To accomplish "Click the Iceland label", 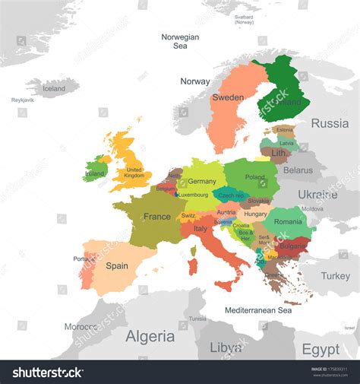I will (54, 88).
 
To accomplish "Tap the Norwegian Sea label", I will (180, 41).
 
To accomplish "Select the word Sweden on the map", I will (228, 97).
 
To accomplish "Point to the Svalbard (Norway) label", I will (244, 19).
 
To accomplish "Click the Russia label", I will (330, 123).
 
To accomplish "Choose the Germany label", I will (202, 182).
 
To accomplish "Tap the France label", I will (157, 217).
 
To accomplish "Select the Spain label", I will (117, 266).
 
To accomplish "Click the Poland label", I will (255, 177).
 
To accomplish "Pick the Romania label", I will (288, 221).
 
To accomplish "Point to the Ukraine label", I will (317, 195).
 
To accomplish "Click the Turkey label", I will (335, 276).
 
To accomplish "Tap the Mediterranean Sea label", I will (258, 310).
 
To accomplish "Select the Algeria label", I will (150, 336).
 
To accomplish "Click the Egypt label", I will (321, 349).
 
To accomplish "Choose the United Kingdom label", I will (134, 173).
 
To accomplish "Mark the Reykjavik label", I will (22, 100).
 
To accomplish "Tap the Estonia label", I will (285, 130).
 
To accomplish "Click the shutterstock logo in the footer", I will (47, 373).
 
